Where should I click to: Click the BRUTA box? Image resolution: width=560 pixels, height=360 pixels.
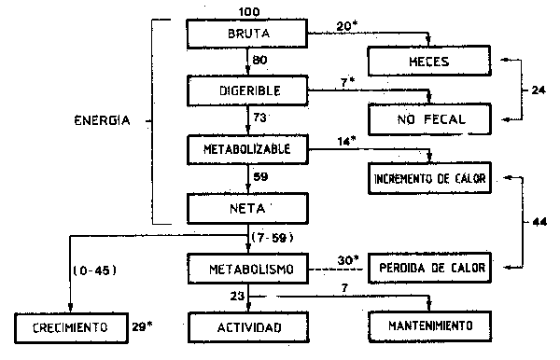[x=247, y=35]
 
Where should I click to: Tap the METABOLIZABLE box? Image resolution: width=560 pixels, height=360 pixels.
[x=247, y=148]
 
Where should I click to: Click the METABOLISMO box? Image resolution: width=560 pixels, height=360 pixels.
[x=247, y=270]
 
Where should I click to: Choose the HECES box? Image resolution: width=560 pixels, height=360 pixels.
[x=428, y=63]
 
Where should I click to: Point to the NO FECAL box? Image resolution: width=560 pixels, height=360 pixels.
[x=428, y=119]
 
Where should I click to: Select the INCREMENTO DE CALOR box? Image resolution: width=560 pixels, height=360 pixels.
[x=429, y=177]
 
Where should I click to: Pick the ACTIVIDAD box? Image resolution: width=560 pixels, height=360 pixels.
[x=247, y=327]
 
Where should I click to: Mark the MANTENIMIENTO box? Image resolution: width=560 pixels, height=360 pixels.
[x=428, y=327]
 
